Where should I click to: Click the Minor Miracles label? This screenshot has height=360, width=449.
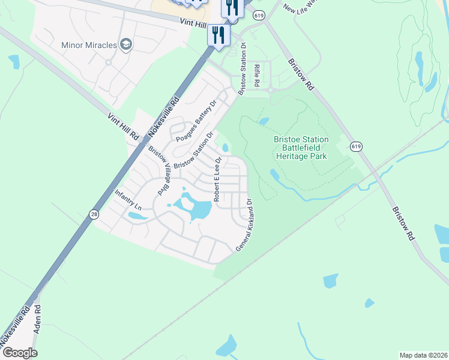click(89, 44)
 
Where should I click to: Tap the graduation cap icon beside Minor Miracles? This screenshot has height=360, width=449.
click(125, 44)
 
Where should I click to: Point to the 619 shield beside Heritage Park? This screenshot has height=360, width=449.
click(357, 146)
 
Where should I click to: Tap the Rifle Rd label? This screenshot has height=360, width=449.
click(256, 76)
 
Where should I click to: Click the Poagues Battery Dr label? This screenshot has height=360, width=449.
click(196, 121)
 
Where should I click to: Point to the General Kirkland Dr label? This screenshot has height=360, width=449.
click(244, 225)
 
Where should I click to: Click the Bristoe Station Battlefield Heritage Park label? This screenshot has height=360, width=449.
click(301, 147)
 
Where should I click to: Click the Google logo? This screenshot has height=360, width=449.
click(20, 352)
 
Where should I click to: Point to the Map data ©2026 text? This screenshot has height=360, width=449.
click(423, 355)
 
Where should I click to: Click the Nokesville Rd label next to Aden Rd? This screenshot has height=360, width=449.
click(14, 326)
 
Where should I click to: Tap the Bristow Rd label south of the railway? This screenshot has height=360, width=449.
click(404, 225)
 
